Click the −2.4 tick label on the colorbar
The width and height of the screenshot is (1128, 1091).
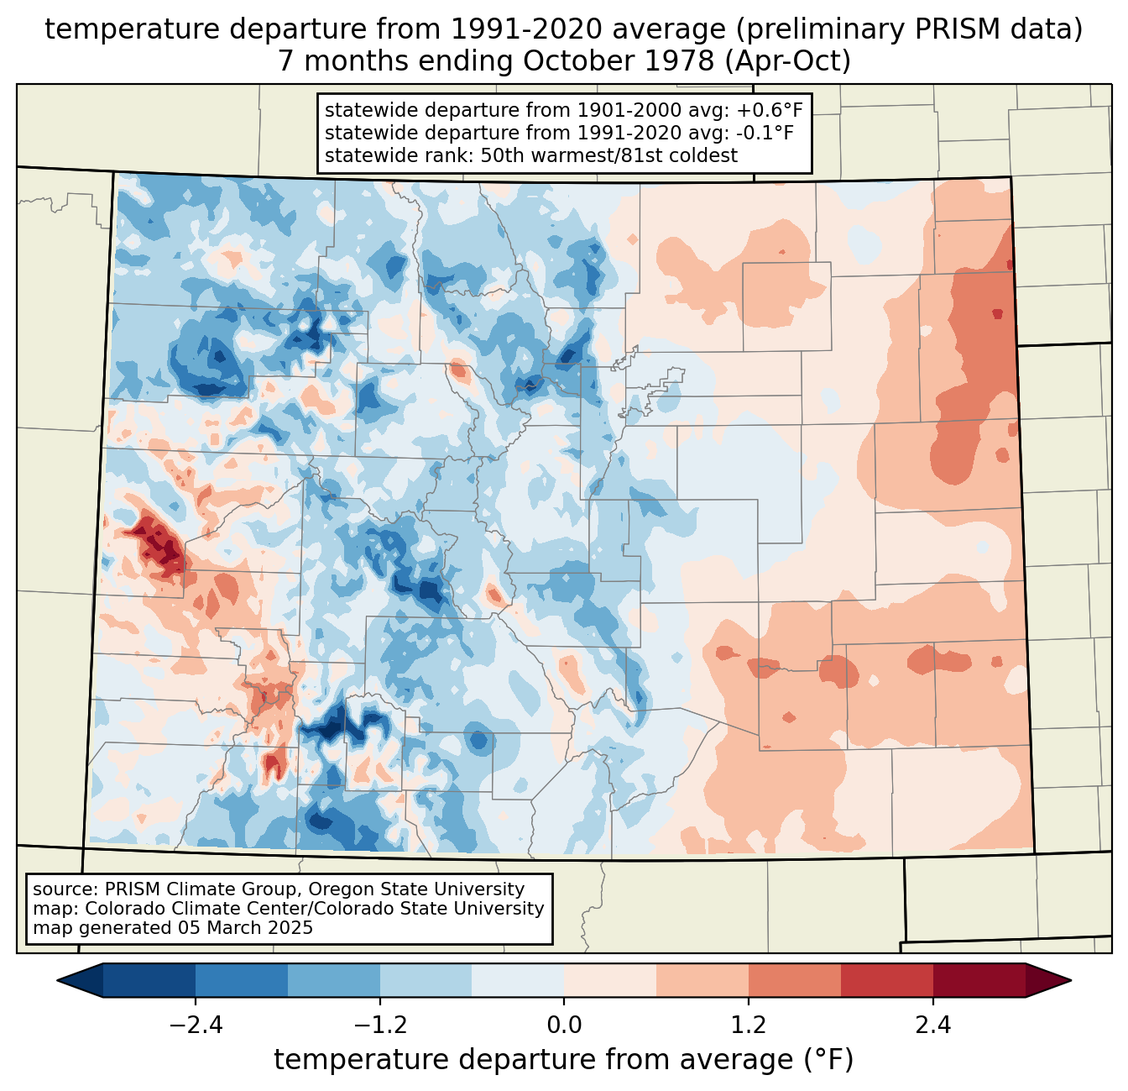coord(196,1025)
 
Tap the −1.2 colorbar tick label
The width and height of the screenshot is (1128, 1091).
coord(379,1025)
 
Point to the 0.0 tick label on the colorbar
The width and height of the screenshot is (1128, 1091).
coord(564,1025)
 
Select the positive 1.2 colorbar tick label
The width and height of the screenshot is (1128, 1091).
coord(749,1025)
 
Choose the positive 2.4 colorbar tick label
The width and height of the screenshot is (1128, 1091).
coord(932,1025)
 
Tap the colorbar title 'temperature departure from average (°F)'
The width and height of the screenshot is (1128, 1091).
coord(564,1060)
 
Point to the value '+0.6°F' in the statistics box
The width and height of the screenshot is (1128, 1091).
coord(770,110)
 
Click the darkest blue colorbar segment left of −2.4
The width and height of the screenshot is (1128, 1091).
coord(149,980)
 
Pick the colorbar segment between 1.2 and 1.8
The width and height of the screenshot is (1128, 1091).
coord(795,980)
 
